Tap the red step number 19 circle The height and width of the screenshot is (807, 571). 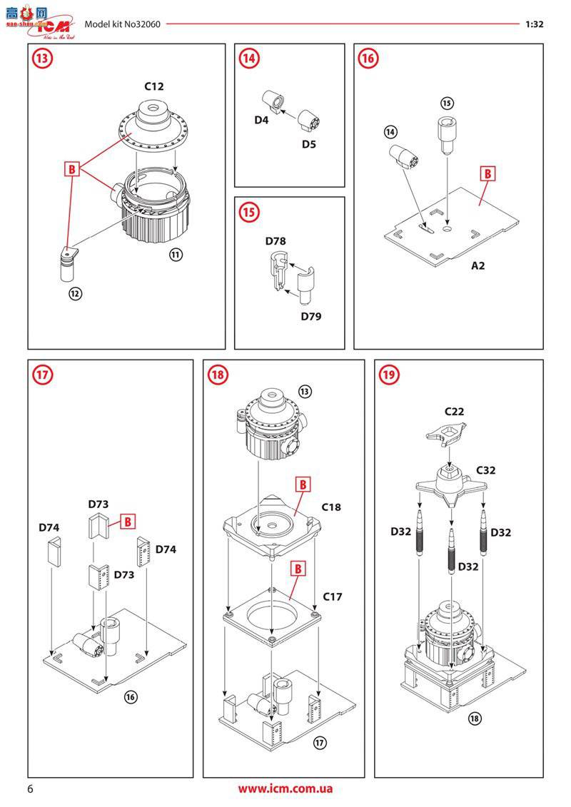[389, 375]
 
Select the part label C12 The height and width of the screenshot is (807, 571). [154, 86]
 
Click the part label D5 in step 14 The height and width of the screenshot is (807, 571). [308, 143]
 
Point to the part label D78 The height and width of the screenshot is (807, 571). [276, 241]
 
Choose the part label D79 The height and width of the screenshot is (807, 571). [310, 315]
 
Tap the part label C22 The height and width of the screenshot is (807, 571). [455, 412]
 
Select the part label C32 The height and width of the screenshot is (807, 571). [487, 470]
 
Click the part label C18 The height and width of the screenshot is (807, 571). [331, 507]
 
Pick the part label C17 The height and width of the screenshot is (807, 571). [333, 596]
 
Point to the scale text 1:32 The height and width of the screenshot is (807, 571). [535, 24]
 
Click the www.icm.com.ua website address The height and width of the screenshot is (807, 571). [285, 789]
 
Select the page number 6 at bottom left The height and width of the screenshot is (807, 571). [30, 789]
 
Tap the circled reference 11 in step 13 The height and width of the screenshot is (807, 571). [174, 255]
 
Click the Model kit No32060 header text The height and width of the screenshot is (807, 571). [122, 24]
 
